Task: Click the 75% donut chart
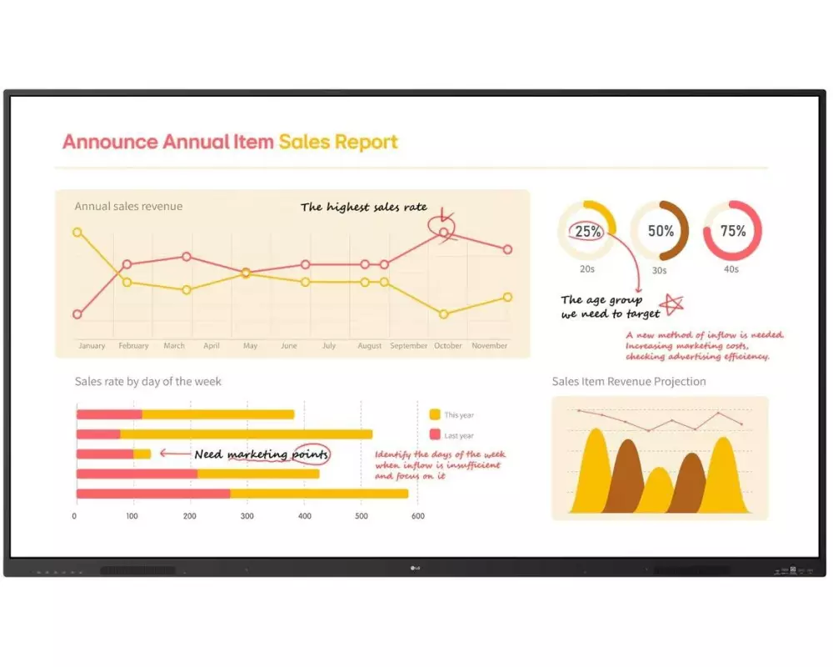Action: (x=732, y=231)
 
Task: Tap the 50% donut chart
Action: (x=660, y=231)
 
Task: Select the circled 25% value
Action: (x=588, y=232)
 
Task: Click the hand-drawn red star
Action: (x=671, y=304)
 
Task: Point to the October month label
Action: (x=448, y=346)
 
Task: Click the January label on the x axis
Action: (x=92, y=346)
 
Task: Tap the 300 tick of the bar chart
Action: (x=247, y=516)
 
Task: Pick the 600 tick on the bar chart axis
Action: (x=418, y=516)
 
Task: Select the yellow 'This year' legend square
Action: (x=435, y=414)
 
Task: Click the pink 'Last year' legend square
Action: (x=435, y=435)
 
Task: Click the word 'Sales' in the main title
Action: (x=304, y=142)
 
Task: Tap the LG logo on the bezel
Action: (x=416, y=569)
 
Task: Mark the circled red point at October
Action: (x=443, y=233)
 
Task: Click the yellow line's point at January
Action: (x=77, y=233)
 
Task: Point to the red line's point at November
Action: (x=507, y=249)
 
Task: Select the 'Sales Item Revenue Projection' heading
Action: (x=629, y=382)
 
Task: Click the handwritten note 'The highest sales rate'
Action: (x=363, y=208)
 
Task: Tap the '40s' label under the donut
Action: (x=731, y=269)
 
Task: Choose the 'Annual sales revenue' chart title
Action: (x=128, y=206)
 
